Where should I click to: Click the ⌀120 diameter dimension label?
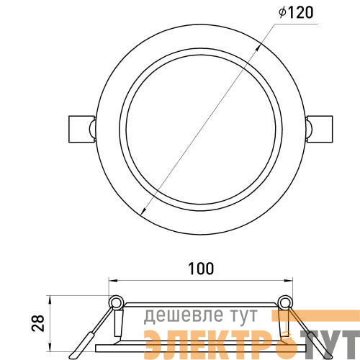(296, 12)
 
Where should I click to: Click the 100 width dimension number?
(201, 269)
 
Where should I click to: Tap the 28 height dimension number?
(38, 323)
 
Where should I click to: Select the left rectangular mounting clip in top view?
(81, 129)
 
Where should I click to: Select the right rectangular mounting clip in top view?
(320, 129)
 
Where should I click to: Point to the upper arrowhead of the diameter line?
(258, 48)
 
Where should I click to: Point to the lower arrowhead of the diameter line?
(144, 211)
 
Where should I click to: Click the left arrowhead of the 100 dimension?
(113, 280)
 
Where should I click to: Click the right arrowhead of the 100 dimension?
(288, 280)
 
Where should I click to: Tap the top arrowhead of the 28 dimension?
(50, 300)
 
